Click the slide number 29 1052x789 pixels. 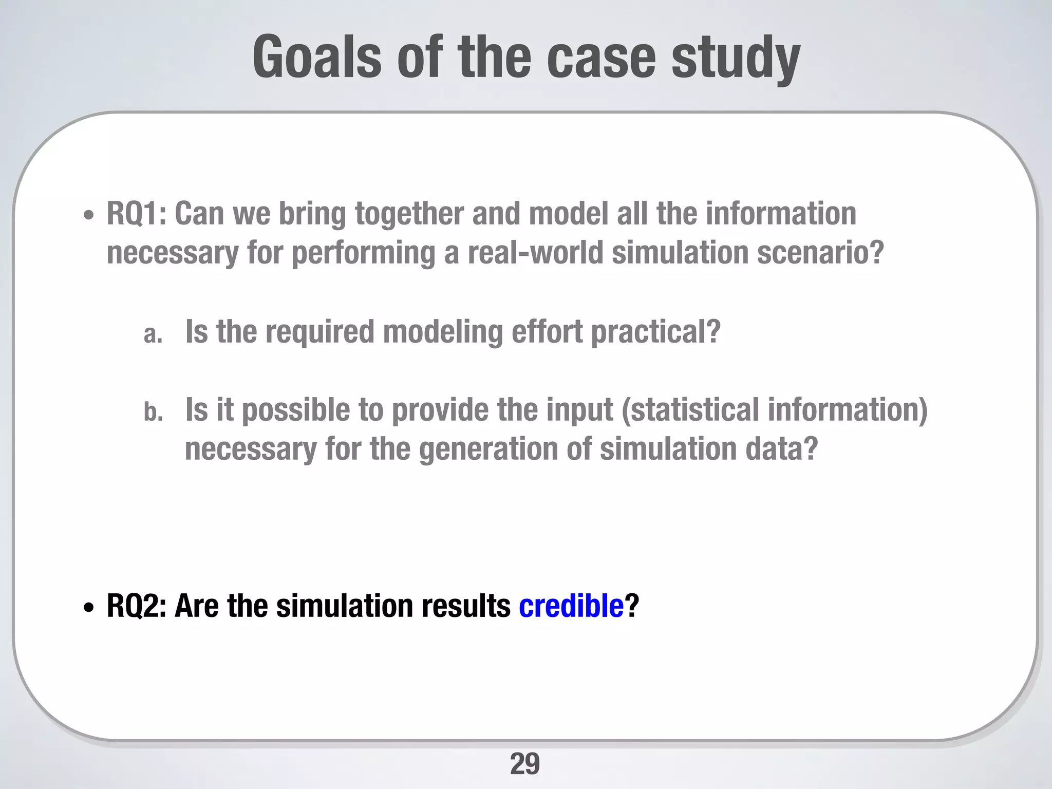coord(524,764)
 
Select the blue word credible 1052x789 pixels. coord(571,606)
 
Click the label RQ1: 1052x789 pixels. coord(136,214)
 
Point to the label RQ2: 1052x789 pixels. coord(136,606)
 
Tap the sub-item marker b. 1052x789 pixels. coord(153,412)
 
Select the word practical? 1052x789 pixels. coord(655,332)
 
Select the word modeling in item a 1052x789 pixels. coord(442,332)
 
